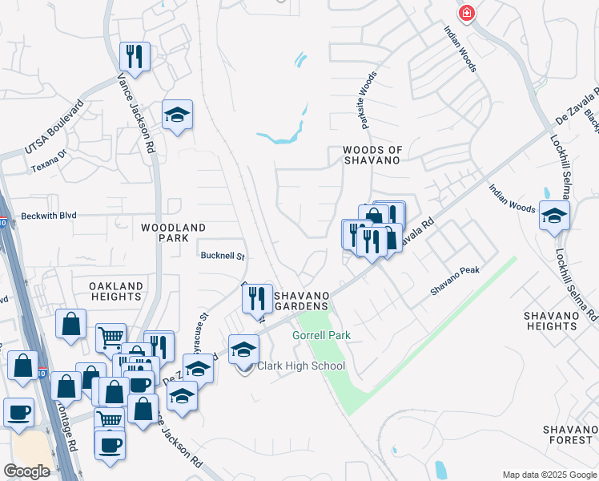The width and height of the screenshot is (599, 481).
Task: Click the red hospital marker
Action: click(466, 13)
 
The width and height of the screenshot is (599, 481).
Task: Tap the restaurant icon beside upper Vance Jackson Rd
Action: click(134, 57)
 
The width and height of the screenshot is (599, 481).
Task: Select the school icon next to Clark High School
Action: click(244, 350)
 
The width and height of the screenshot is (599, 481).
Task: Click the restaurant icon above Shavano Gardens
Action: click(258, 299)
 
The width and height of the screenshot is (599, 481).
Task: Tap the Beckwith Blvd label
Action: click(49, 216)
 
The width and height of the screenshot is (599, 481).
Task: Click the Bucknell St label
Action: click(221, 257)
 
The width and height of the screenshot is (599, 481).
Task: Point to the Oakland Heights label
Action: click(116, 291)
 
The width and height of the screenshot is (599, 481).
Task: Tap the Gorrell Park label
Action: click(322, 335)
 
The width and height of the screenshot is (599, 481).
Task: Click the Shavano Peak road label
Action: click(455, 281)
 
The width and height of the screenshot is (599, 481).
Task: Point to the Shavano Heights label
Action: click(550, 321)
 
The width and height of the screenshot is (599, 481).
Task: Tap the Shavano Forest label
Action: click(568, 435)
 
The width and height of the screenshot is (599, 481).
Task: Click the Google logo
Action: click(26, 471)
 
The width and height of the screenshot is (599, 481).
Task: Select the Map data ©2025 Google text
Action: click(549, 475)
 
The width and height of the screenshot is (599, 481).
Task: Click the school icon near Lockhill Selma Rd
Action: click(553, 216)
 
